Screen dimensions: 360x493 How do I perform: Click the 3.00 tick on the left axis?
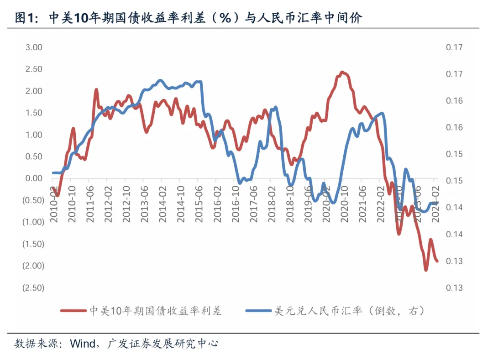pyautogui.click(x=33, y=47)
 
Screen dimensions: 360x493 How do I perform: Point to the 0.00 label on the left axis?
pyautogui.click(x=33, y=178)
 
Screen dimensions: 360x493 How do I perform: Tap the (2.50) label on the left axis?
pyautogui.click(x=33, y=287)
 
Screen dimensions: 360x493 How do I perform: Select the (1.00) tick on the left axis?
pyautogui.click(x=33, y=222)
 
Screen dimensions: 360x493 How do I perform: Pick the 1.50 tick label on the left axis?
pyautogui.click(x=33, y=113)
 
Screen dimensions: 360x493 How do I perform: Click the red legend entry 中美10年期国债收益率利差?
pyautogui.click(x=155, y=311)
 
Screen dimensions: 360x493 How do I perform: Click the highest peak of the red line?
pyautogui.click(x=342, y=72)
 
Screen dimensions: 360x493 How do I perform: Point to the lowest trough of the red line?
pyautogui.click(x=426, y=270)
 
